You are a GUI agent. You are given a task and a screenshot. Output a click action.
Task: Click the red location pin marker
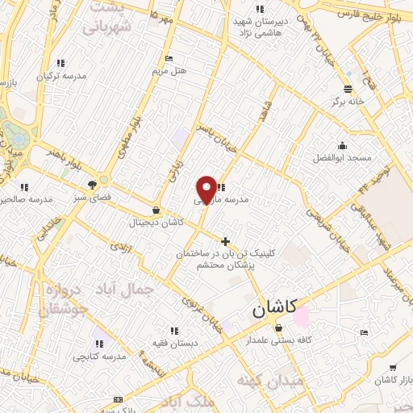[206, 190]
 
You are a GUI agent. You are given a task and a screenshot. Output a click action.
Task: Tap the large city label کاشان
[273, 308]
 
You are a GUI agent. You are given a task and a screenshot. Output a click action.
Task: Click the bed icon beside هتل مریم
[169, 58]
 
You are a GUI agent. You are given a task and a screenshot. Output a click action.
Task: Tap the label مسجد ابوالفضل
[344, 157]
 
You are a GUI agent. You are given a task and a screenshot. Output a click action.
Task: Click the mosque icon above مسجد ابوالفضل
[343, 146]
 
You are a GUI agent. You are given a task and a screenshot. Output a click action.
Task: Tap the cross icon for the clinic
[225, 240]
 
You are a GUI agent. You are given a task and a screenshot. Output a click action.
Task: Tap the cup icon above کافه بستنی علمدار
[279, 328]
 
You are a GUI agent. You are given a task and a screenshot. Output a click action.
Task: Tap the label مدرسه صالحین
[28, 198]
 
